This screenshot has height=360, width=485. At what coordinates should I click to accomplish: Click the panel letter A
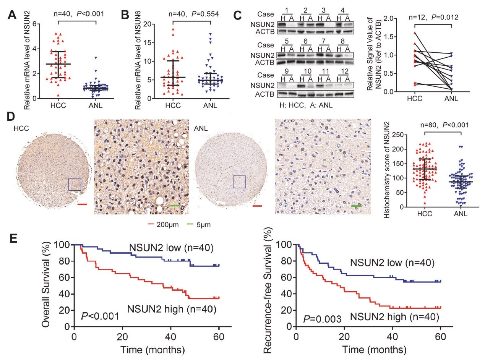[13, 15]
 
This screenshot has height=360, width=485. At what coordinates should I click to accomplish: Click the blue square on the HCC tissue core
[75, 184]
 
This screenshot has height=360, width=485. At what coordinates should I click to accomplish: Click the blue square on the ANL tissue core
[239, 182]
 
